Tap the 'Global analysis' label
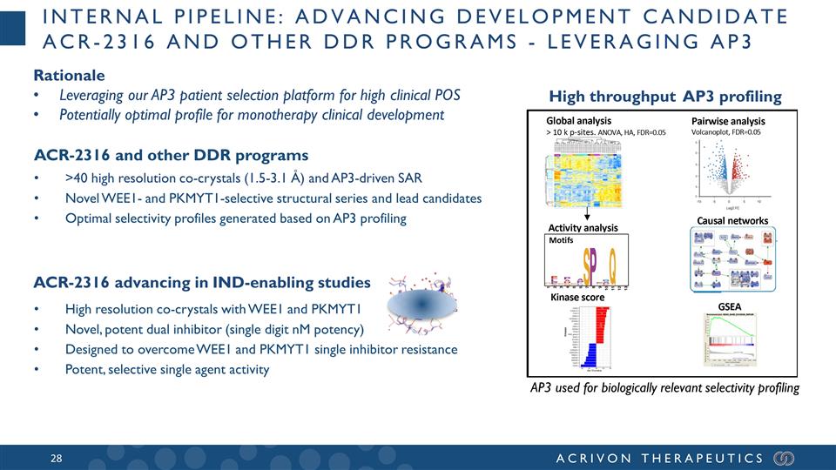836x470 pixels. (x=578, y=120)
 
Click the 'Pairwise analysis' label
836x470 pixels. (x=727, y=120)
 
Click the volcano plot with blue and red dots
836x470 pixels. (x=730, y=169)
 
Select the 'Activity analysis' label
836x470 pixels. (x=583, y=228)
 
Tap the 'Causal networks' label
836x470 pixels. (x=732, y=221)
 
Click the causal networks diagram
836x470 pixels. (x=732, y=260)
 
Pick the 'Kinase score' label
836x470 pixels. (x=577, y=298)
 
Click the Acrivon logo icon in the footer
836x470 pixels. (x=784, y=458)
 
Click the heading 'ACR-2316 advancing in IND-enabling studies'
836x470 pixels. (x=201, y=283)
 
